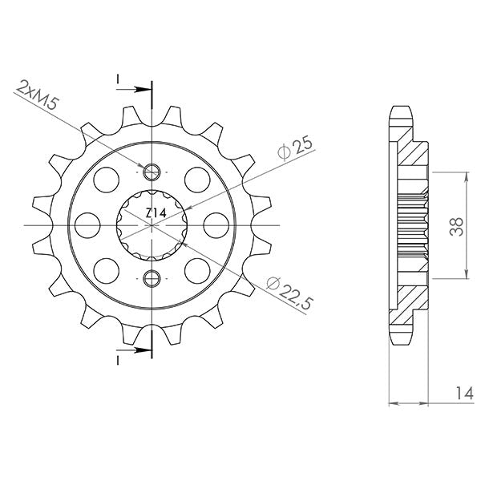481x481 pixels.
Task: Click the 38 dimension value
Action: [x=456, y=227]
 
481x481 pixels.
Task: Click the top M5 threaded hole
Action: [x=151, y=171]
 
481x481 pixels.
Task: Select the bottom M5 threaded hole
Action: [x=151, y=278]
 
